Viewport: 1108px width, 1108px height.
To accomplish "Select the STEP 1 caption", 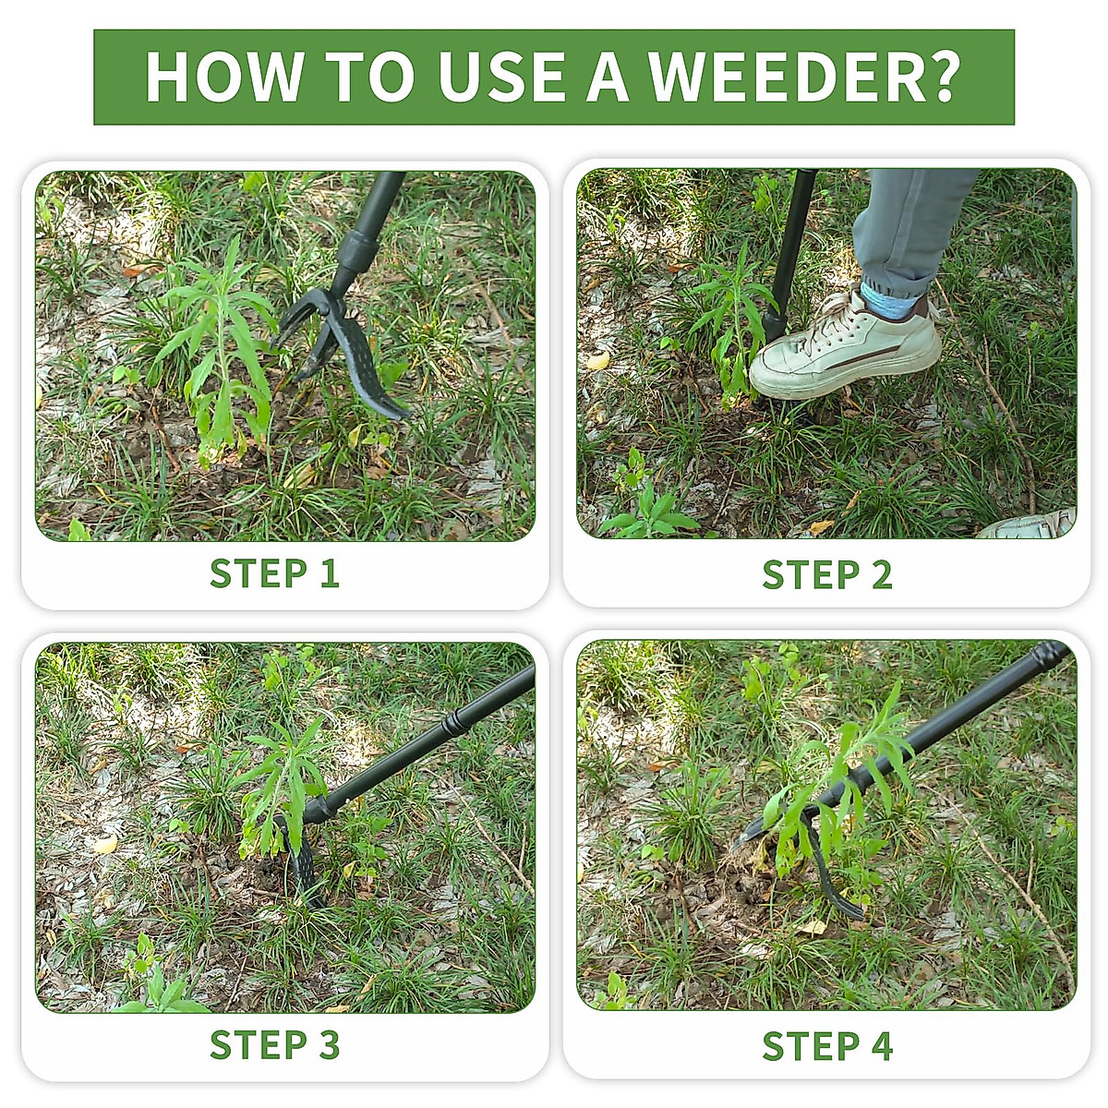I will coord(274,573).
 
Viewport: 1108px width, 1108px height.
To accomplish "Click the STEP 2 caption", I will coord(827,574).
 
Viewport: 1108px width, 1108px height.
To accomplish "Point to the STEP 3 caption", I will coord(274,1045).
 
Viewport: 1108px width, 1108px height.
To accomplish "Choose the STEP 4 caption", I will coord(827,1046).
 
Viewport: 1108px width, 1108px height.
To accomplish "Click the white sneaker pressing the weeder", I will coord(845,348).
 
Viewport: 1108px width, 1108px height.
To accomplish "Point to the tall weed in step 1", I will coord(217,351).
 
